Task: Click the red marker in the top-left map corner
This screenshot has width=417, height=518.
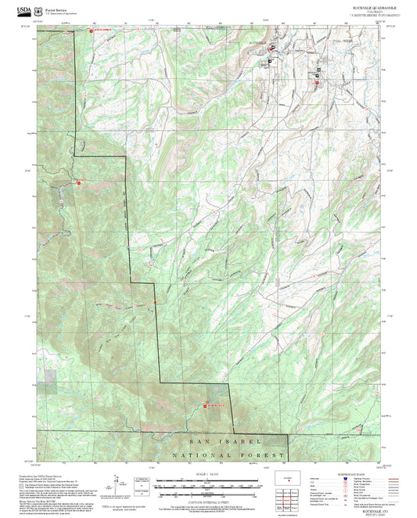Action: pyautogui.click(x=91, y=29)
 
